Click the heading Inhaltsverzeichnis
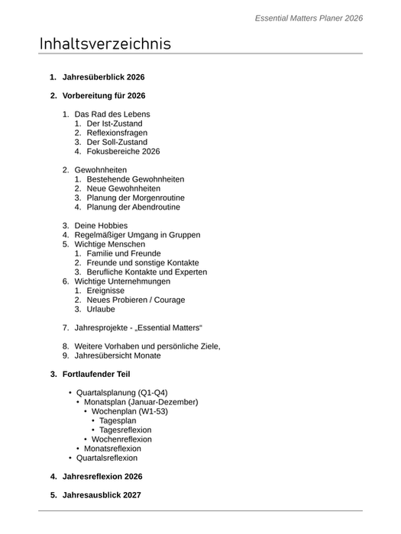click(x=105, y=43)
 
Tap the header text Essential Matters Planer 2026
click(x=309, y=18)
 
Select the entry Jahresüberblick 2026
click(x=103, y=77)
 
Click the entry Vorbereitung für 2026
click(x=104, y=96)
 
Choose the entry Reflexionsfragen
click(x=117, y=133)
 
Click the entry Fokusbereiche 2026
click(x=123, y=151)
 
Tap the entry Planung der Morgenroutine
click(x=135, y=198)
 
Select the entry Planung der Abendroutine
click(x=134, y=207)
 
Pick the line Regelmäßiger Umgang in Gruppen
click(x=137, y=235)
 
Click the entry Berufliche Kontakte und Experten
click(x=147, y=272)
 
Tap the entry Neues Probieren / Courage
click(x=135, y=300)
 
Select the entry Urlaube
click(x=101, y=309)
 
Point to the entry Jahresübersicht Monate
click(x=118, y=355)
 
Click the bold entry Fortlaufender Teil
click(x=96, y=375)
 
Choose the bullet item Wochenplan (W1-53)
click(x=130, y=411)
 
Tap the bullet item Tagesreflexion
click(x=125, y=429)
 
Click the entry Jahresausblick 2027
click(x=102, y=495)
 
